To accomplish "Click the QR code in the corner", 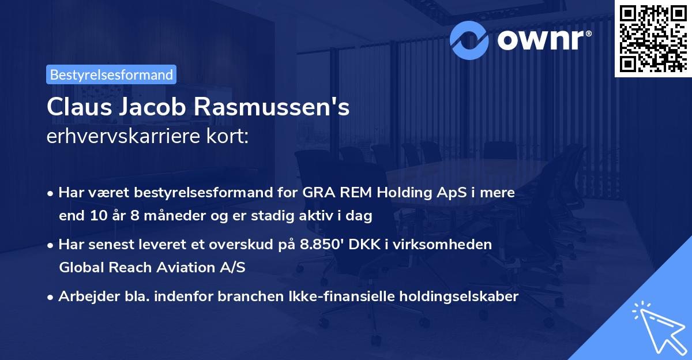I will click(653, 38).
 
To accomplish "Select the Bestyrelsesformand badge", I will click(111, 74).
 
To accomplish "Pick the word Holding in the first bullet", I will click(401, 193).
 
